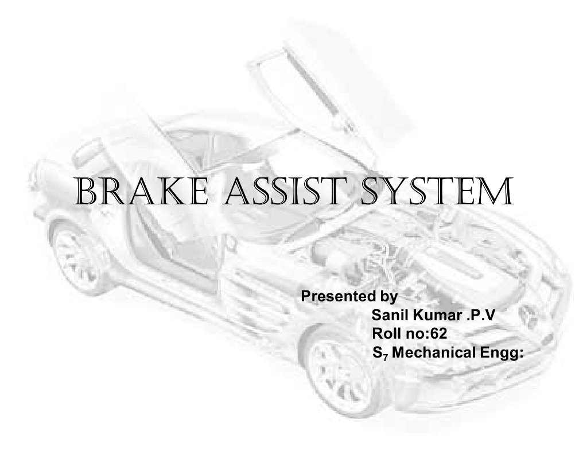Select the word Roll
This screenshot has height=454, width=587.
386,332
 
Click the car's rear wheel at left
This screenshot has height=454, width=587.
75,258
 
